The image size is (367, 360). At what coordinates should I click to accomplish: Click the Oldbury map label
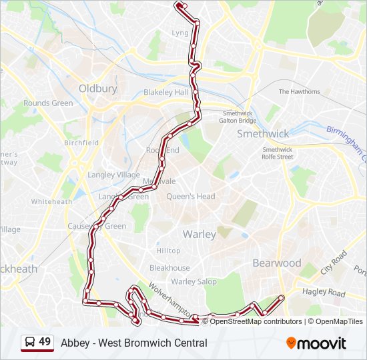[97, 88]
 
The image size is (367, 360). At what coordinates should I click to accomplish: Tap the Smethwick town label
[263, 133]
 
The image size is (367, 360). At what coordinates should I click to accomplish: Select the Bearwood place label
[276, 263]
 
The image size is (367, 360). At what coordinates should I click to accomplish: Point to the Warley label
[199, 234]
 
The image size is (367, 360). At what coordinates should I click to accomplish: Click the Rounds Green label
[48, 103]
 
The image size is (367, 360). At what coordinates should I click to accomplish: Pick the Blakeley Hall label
[166, 93]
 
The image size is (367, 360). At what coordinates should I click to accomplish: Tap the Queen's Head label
[190, 197]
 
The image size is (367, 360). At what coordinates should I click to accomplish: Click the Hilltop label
[168, 251]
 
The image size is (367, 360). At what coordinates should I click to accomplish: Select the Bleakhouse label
[169, 268]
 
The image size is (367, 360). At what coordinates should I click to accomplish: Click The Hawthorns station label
[299, 91]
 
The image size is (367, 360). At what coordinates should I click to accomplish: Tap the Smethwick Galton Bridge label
[239, 117]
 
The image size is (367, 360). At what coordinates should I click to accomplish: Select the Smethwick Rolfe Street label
[277, 153]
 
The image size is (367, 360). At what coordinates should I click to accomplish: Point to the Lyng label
[180, 33]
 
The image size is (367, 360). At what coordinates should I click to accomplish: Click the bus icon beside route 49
[30, 342]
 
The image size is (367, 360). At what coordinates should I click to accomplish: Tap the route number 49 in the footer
[45, 342]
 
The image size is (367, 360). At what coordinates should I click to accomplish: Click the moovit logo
[316, 343]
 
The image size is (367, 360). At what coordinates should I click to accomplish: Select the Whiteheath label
[51, 201]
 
